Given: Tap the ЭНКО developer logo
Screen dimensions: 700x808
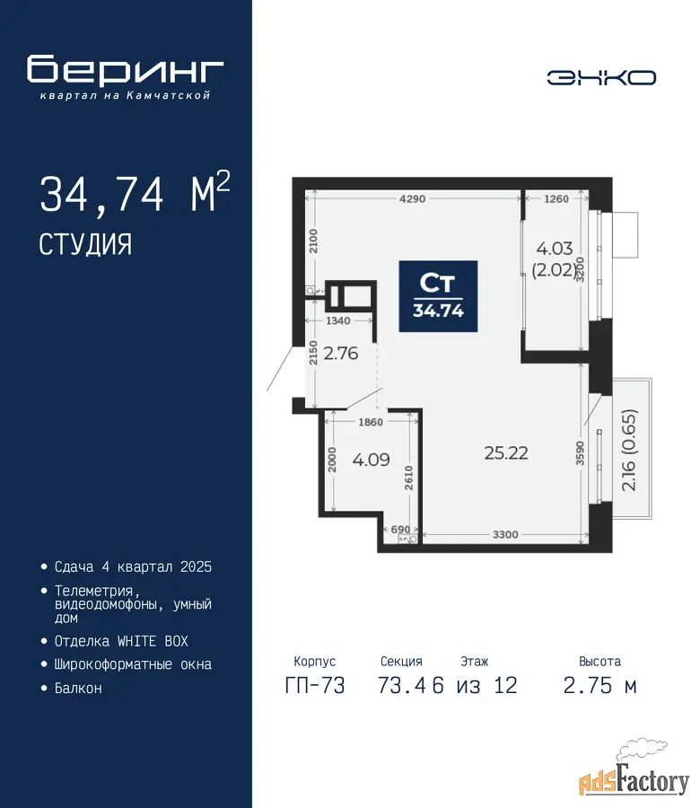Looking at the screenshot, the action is [601, 78].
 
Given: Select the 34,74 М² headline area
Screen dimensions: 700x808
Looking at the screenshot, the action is [135, 192].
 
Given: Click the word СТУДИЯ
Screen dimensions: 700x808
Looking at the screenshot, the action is [85, 244].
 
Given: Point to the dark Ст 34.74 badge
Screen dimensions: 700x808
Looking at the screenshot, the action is [438, 296].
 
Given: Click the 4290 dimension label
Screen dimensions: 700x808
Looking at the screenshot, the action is [413, 199].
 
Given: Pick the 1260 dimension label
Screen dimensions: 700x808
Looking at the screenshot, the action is [556, 199].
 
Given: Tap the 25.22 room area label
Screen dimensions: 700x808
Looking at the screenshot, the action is [506, 453].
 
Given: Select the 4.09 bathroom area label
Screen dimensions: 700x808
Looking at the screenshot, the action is [371, 460].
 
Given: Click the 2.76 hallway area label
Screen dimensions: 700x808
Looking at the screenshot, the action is [340, 354].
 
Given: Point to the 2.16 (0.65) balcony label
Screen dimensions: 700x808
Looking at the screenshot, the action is [629, 450].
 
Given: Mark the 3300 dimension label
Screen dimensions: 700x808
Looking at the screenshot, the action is [505, 534].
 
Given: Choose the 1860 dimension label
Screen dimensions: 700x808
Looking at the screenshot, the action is [371, 422].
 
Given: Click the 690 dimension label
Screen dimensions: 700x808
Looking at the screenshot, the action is [400, 529].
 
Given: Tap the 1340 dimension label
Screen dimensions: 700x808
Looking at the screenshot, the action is [338, 321].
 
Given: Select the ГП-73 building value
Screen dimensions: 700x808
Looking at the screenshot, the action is [315, 686].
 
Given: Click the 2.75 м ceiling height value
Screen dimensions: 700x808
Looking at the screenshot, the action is [600, 686].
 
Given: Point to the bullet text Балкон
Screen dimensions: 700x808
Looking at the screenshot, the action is [78, 689].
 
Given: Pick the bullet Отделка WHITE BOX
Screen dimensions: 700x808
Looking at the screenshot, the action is [121, 642].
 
